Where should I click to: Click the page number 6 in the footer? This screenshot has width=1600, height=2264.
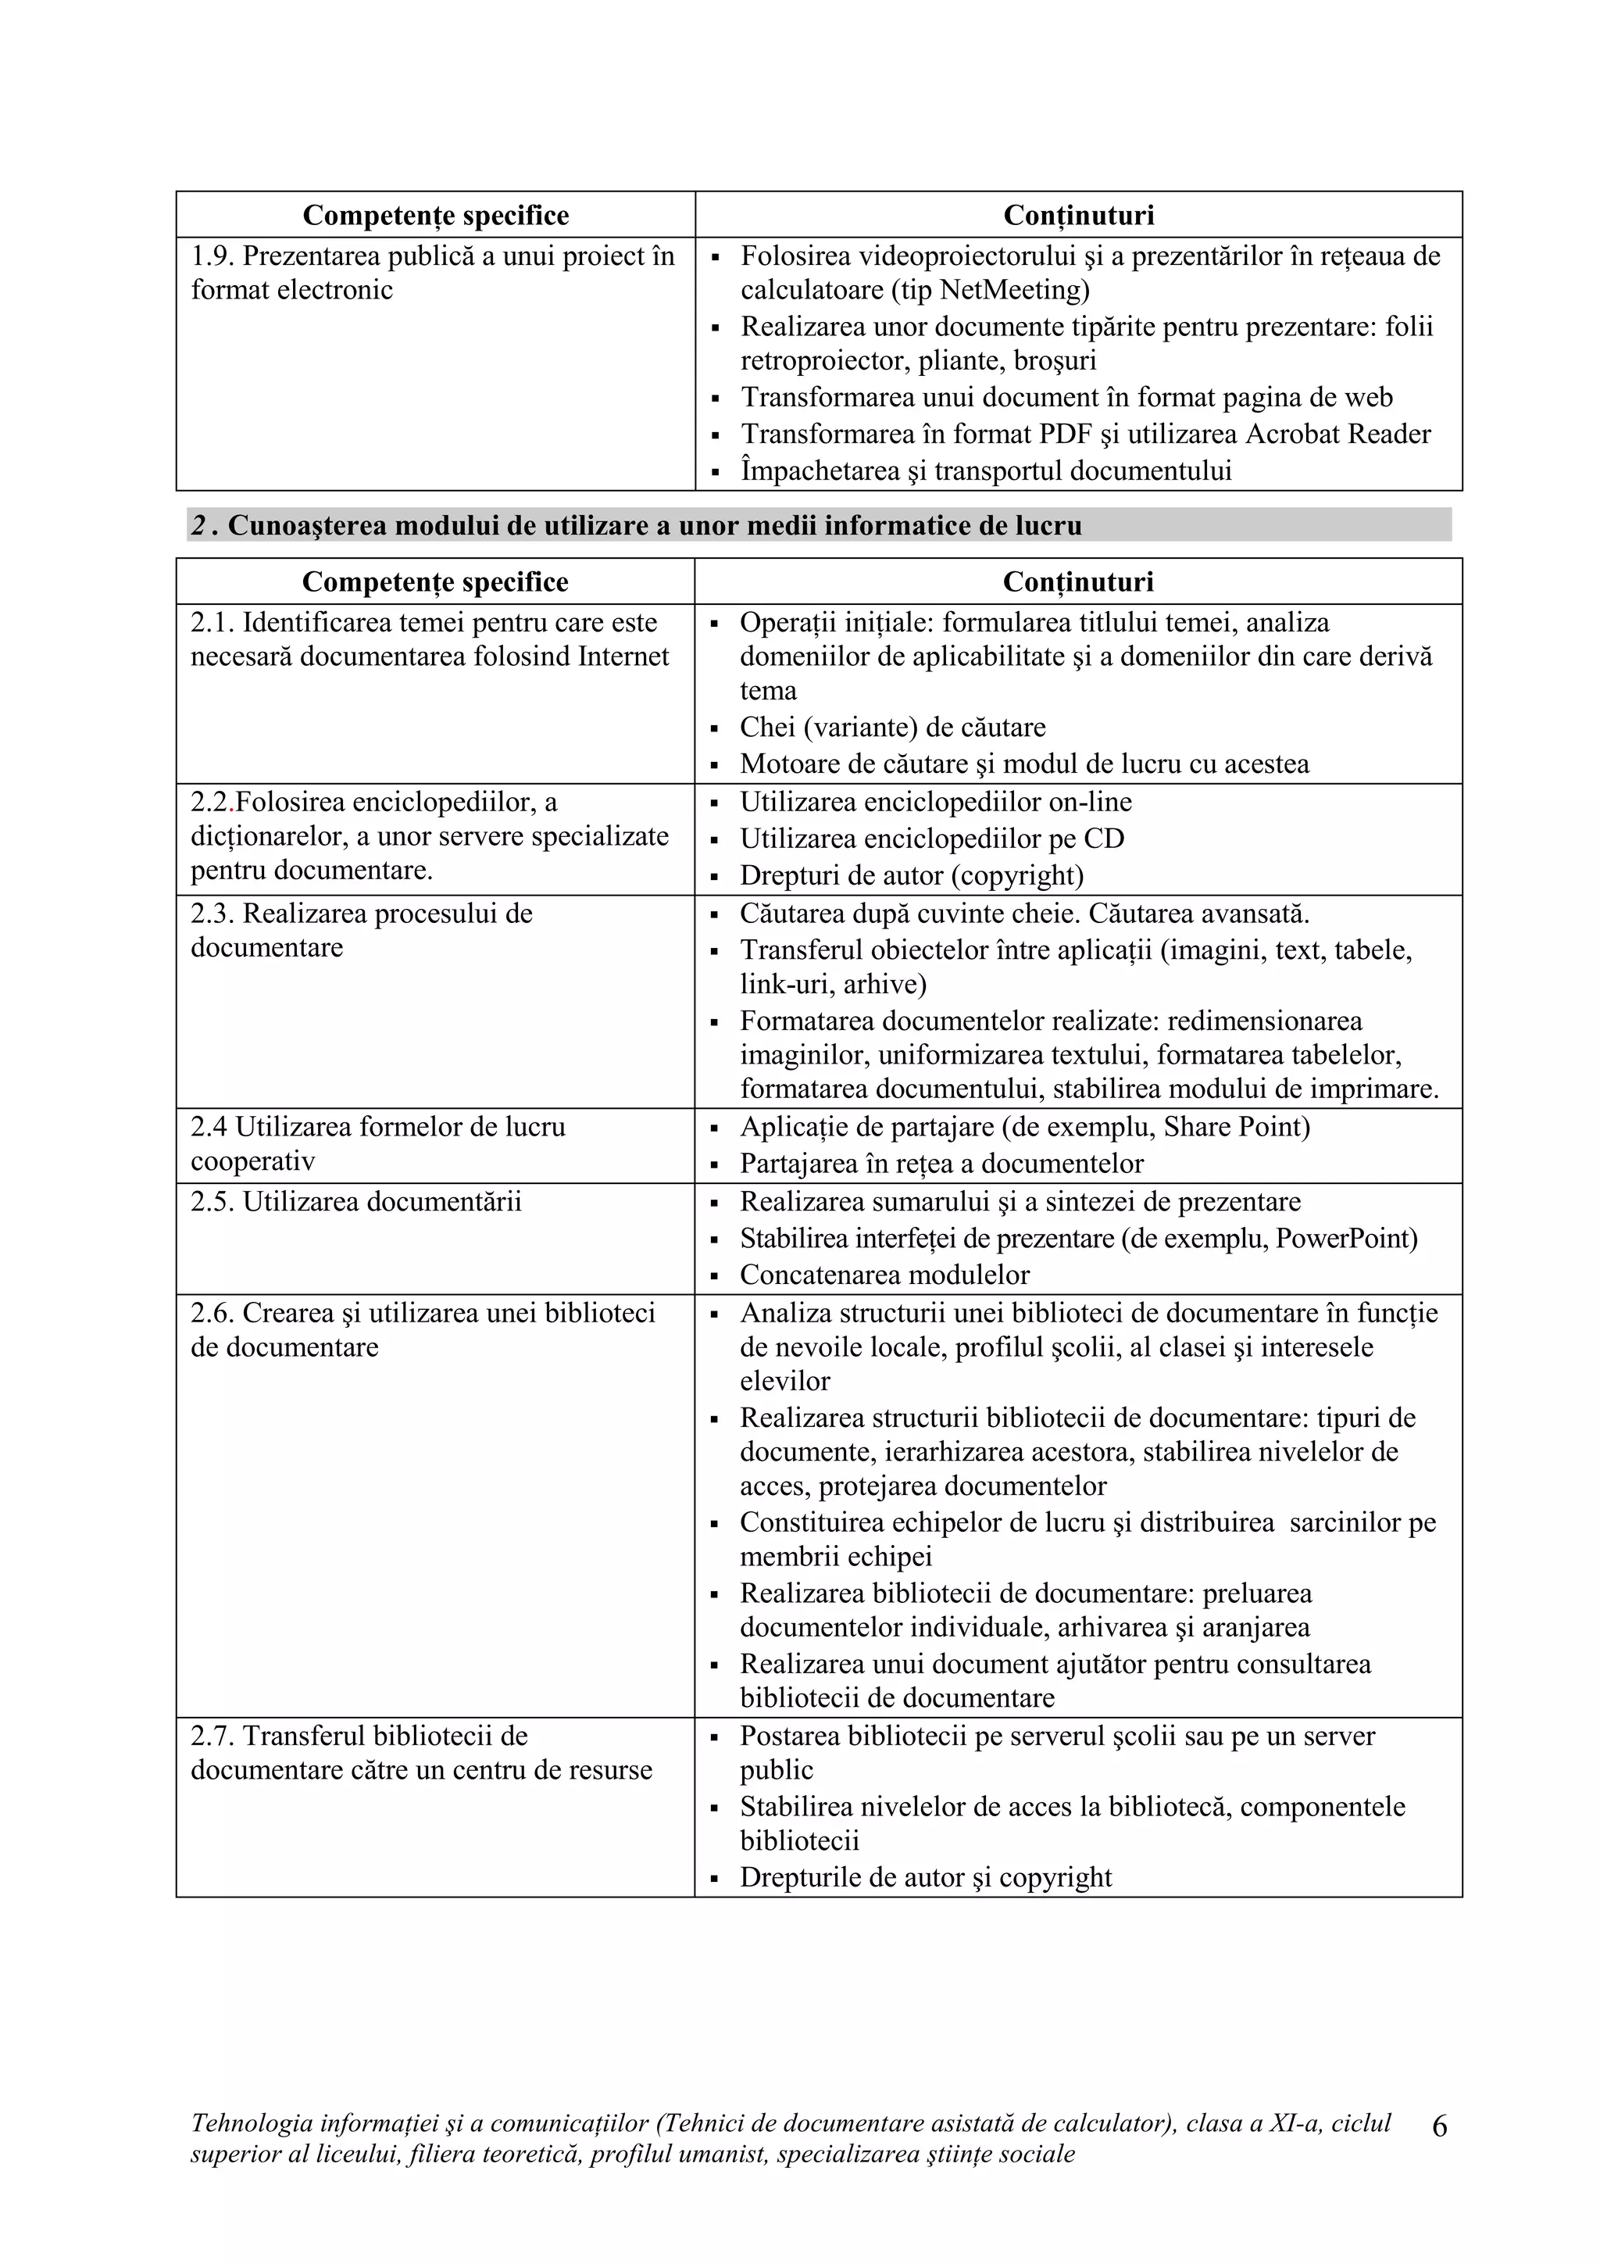coord(1438,2128)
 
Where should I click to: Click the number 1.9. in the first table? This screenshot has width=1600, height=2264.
coord(213,256)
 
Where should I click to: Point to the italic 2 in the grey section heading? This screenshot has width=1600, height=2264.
coord(199,526)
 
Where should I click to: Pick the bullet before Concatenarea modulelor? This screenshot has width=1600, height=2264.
coord(716,1276)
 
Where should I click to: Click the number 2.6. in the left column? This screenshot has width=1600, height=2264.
coord(213,1314)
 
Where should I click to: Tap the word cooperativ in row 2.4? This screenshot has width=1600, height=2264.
coord(252,1161)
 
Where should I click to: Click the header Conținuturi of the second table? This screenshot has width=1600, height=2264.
coord(1077,581)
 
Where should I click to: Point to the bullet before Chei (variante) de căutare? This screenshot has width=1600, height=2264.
coord(716,728)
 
